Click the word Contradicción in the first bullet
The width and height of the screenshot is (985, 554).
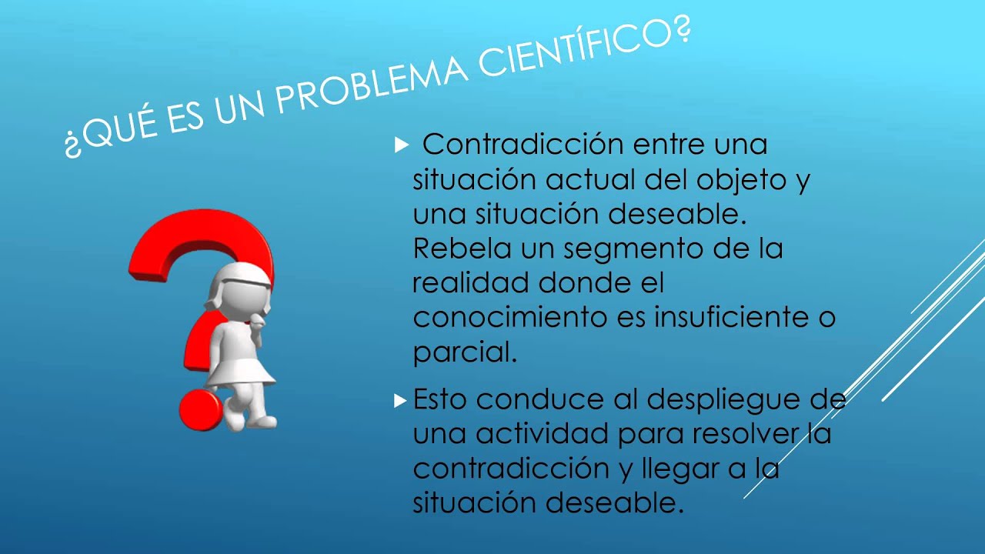pyautogui.click(x=523, y=144)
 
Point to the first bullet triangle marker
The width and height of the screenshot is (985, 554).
pyautogui.click(x=399, y=145)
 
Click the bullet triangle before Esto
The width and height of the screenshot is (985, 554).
pyautogui.click(x=399, y=400)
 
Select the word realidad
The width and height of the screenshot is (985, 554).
pyautogui.click(x=470, y=283)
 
